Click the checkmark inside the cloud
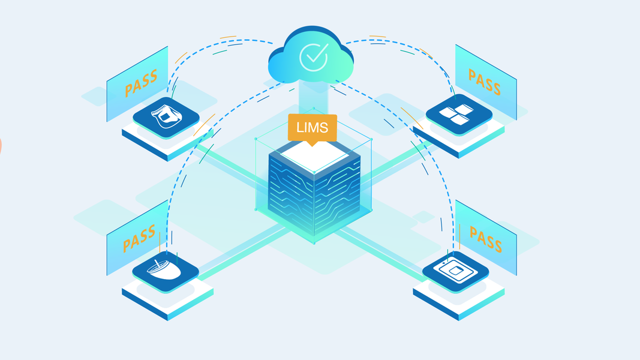click(313, 57)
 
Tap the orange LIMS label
click(312, 128)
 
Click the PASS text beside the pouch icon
click(141, 83)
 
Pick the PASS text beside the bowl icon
click(139, 238)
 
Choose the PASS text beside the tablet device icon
click(485, 238)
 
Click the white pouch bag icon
click(166, 115)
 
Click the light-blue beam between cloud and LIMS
click(313, 96)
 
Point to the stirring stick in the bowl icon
click(161, 262)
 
